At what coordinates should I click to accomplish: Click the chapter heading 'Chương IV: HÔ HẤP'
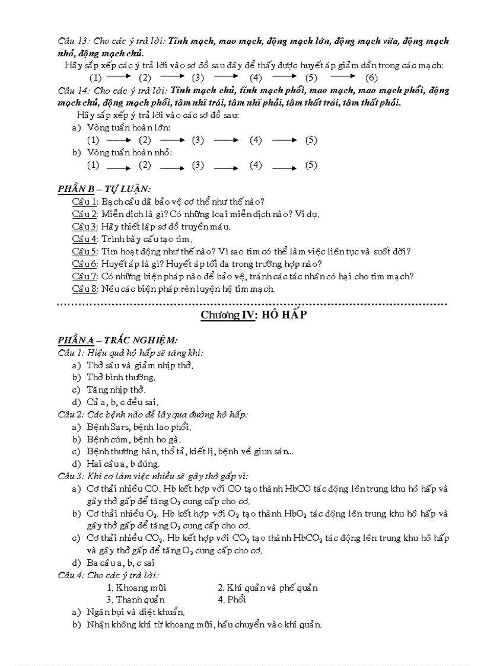pyautogui.click(x=253, y=315)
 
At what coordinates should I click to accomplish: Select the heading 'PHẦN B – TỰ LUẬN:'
pyautogui.click(x=104, y=189)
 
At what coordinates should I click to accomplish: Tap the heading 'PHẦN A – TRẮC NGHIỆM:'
pyautogui.click(x=117, y=340)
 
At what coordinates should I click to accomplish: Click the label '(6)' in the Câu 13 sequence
pyautogui.click(x=371, y=78)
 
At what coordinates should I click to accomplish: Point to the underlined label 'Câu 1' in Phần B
pyautogui.click(x=85, y=202)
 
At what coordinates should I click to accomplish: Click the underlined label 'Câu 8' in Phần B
pyautogui.click(x=85, y=289)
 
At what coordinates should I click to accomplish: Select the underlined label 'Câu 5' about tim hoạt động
pyautogui.click(x=85, y=251)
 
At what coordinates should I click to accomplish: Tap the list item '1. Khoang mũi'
pyautogui.click(x=136, y=588)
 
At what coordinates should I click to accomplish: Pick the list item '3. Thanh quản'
pyautogui.click(x=136, y=599)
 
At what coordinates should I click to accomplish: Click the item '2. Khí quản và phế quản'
pyautogui.click(x=268, y=588)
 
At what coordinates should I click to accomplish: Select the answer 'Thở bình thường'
pyautogui.click(x=121, y=377)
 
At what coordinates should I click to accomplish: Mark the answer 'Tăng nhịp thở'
pyautogui.click(x=116, y=390)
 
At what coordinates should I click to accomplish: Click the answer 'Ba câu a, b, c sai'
pyautogui.click(x=121, y=562)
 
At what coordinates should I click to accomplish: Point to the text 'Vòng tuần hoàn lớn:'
pyautogui.click(x=129, y=128)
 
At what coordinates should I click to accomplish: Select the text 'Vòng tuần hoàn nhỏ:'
pyautogui.click(x=129, y=152)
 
